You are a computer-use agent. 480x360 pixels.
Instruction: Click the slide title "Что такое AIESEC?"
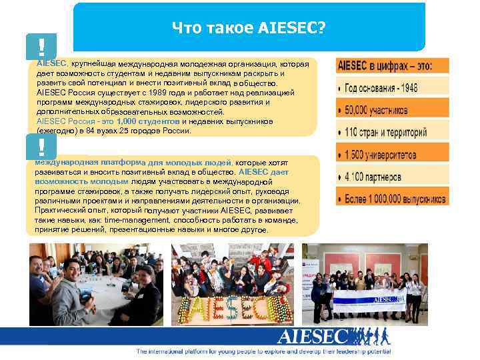click(248, 28)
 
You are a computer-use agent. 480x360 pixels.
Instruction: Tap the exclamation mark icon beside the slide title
click(42, 47)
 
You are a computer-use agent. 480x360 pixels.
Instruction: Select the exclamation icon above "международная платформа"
click(42, 146)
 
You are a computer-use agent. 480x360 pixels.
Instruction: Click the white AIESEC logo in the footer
click(313, 336)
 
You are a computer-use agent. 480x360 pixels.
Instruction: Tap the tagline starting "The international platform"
click(263, 351)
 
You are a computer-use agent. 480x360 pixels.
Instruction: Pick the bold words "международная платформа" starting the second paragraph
click(83, 161)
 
